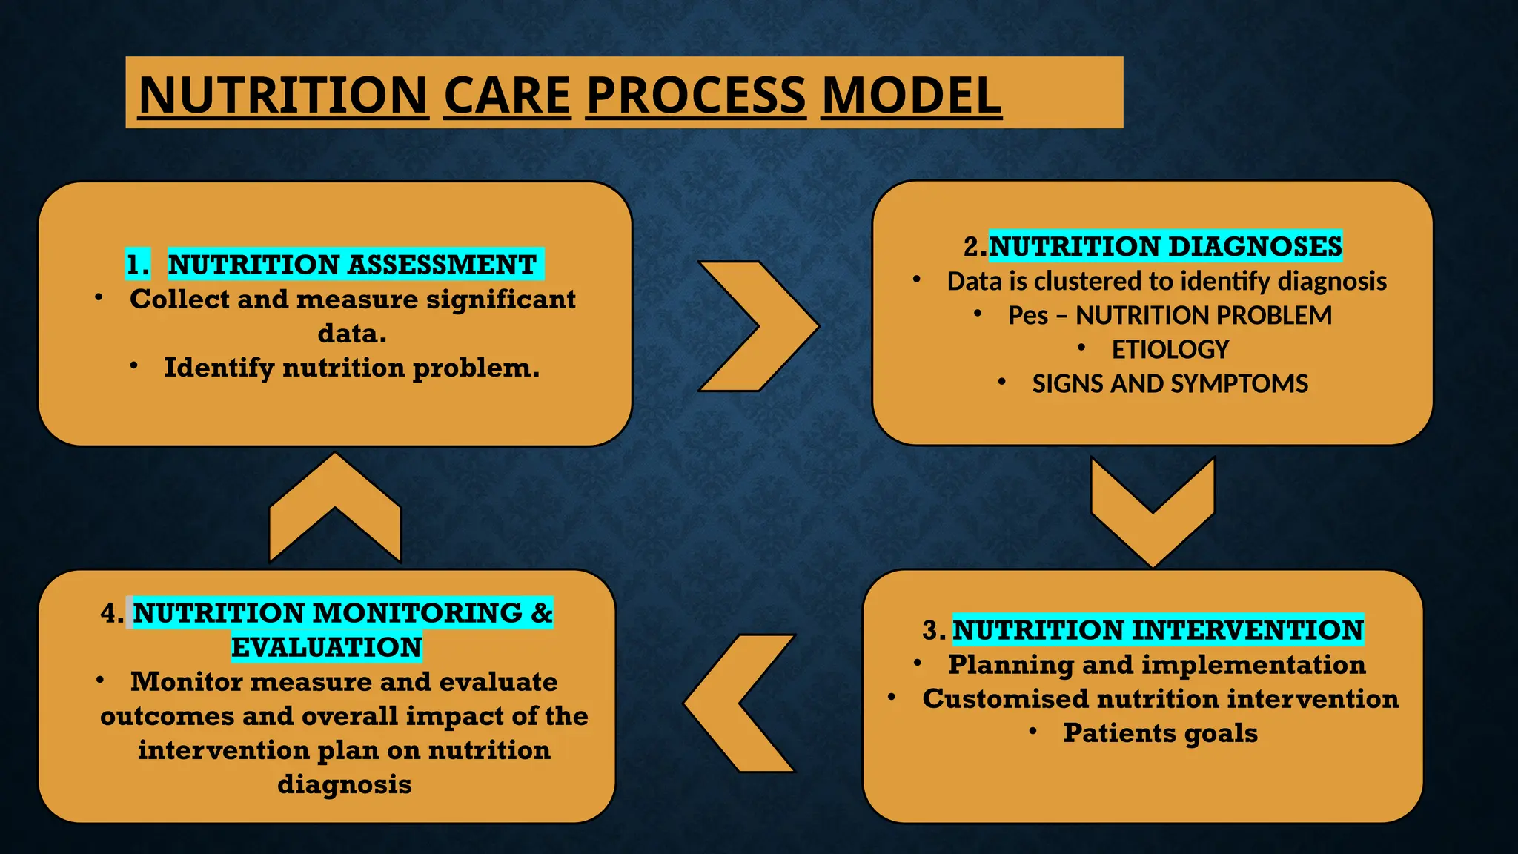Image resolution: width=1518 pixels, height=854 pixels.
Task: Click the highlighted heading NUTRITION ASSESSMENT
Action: (x=352, y=265)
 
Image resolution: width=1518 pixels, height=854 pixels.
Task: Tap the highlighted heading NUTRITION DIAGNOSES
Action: (x=1165, y=246)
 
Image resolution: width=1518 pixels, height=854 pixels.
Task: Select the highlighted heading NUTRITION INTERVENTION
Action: (x=1157, y=630)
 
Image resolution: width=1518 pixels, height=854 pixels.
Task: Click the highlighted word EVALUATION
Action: (x=326, y=647)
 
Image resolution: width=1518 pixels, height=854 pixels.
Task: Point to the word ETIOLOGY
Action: (x=1170, y=349)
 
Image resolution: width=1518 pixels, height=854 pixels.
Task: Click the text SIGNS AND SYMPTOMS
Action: (x=1170, y=383)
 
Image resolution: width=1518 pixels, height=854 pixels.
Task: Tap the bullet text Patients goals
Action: (x=1160, y=733)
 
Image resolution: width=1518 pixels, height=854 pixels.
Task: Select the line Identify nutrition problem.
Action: (x=351, y=368)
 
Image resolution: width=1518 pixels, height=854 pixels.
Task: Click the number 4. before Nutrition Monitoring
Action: (x=112, y=613)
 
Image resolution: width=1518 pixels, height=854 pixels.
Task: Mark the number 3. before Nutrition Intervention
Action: (x=933, y=630)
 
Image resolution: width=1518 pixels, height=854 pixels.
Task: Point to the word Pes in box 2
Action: (x=1027, y=315)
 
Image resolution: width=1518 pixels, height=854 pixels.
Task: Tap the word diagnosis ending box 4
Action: (x=344, y=784)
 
